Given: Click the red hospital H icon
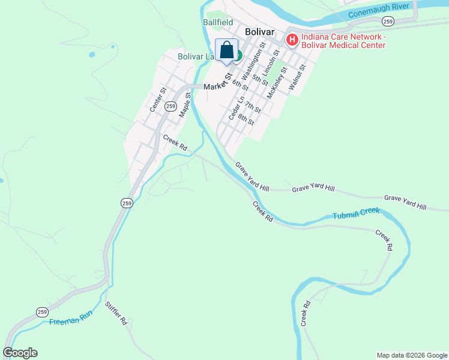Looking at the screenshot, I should (292, 41).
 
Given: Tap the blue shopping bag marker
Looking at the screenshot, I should (226, 50).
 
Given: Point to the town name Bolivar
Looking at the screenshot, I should (259, 32).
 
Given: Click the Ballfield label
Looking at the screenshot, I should (217, 22).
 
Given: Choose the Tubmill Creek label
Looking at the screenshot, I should (357, 214).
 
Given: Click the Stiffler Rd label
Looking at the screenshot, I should (116, 313).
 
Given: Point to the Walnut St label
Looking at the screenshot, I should (297, 77).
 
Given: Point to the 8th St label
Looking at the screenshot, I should (246, 119).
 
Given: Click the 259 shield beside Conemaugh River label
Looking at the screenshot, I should (388, 22).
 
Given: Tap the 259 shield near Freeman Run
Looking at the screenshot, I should (41, 312).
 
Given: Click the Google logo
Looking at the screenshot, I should (20, 353).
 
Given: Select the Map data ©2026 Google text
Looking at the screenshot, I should (412, 355).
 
